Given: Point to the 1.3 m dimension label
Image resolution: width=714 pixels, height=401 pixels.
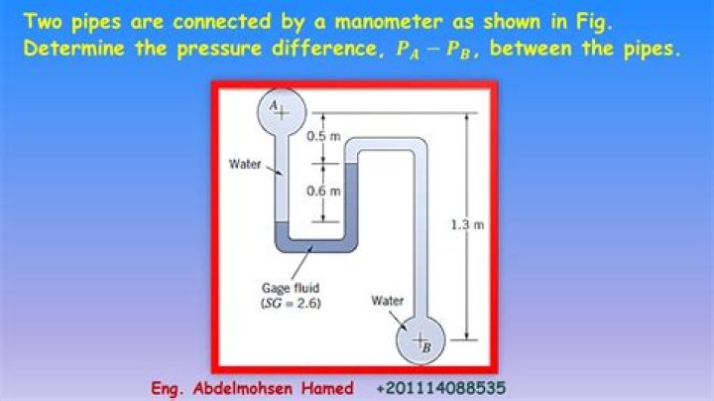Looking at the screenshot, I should tap(466, 225).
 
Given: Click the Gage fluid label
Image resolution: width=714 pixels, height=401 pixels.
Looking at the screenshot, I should tap(284, 287).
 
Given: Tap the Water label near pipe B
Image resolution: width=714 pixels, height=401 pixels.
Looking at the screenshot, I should tap(386, 298).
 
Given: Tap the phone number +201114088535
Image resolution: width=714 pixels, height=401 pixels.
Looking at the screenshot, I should tap(444, 387).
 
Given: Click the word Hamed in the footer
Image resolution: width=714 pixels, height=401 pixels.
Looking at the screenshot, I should tap(327, 387).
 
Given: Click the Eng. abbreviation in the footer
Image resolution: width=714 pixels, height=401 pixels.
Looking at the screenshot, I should tap(170, 387).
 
